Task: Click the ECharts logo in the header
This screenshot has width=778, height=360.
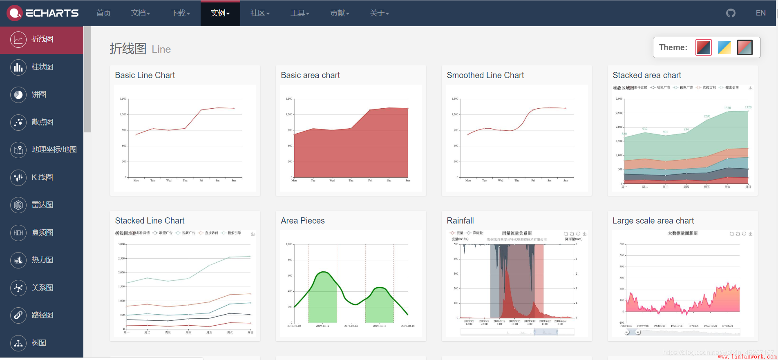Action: (43, 13)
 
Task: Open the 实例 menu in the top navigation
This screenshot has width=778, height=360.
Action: (220, 13)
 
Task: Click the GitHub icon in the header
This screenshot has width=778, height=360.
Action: (731, 13)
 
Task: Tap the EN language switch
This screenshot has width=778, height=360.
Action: (760, 13)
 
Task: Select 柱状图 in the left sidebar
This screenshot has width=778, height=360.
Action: (42, 67)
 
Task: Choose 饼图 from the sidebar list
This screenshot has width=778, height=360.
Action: (39, 94)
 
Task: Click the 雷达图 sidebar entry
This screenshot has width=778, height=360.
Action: (42, 205)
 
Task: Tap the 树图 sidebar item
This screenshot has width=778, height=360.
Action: (39, 343)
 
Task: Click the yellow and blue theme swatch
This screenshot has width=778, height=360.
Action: (724, 47)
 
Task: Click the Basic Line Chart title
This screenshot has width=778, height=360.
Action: (145, 75)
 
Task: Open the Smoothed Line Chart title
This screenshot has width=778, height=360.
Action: (485, 75)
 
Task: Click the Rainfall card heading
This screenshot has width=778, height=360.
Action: (460, 221)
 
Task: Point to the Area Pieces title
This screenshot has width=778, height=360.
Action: (302, 221)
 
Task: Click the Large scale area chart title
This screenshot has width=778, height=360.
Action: (653, 221)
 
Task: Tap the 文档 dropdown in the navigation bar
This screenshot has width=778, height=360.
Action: (140, 13)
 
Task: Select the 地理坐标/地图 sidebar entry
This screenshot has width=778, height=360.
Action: (54, 150)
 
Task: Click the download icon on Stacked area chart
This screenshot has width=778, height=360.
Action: (751, 88)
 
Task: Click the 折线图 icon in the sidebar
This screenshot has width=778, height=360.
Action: (18, 40)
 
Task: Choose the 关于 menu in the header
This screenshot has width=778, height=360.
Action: (379, 13)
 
